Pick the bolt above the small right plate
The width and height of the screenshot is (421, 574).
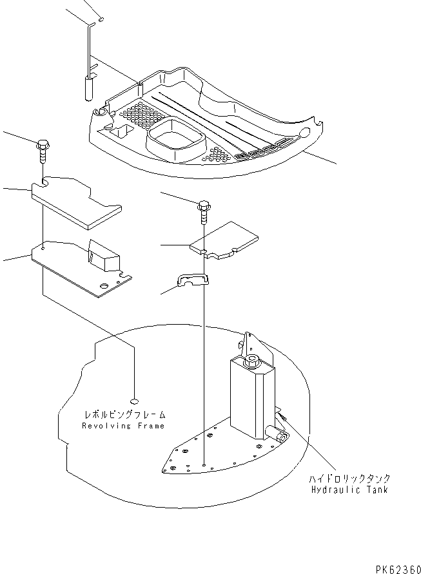(x=204, y=210)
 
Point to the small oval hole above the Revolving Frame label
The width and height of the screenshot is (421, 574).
(x=133, y=398)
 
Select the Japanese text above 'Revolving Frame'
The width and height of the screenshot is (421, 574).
(x=124, y=415)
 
